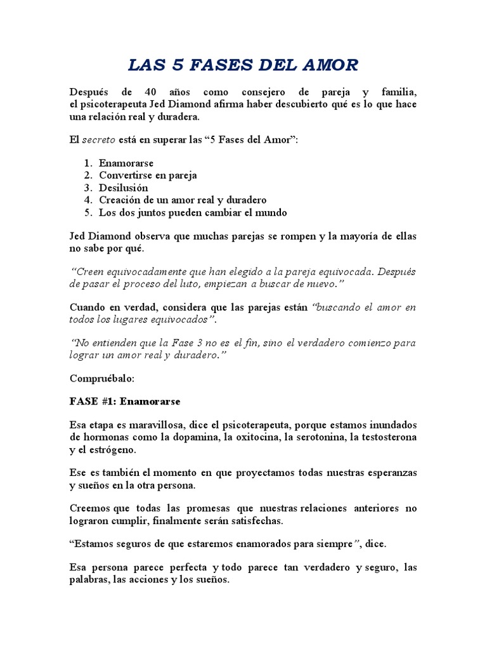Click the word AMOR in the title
point(329,65)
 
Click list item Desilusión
point(124,188)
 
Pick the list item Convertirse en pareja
point(148,176)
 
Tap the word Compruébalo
point(101,378)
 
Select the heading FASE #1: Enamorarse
point(125,402)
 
